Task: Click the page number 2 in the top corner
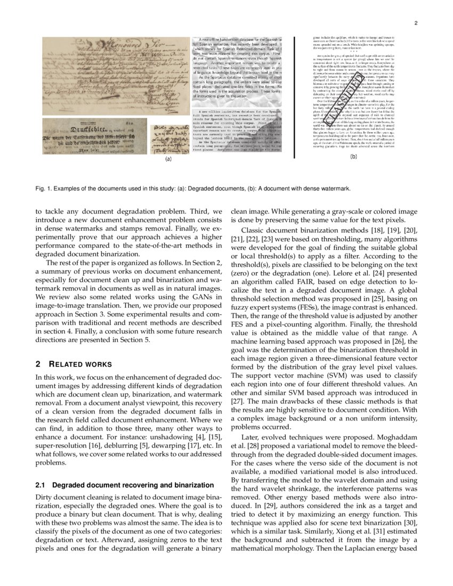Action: (x=415, y=23)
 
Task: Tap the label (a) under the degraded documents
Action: (x=168, y=159)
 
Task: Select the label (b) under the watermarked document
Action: (x=353, y=157)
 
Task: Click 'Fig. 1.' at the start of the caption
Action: (x=43, y=189)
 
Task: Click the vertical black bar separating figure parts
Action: (x=294, y=97)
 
